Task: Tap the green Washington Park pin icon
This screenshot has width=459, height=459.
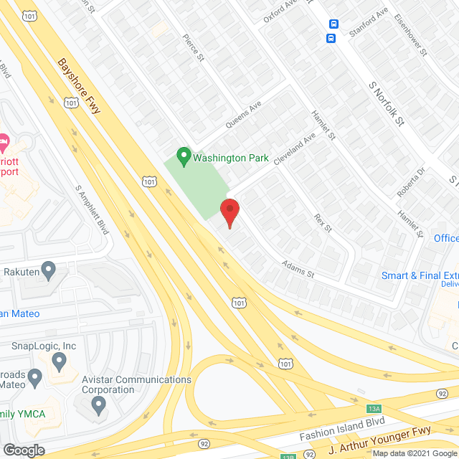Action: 183,154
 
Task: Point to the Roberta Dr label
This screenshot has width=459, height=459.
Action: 412,183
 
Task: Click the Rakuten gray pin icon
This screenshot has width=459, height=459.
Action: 49,271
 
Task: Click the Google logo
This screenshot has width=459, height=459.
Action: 24,450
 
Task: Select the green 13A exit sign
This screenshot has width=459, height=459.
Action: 374,409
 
